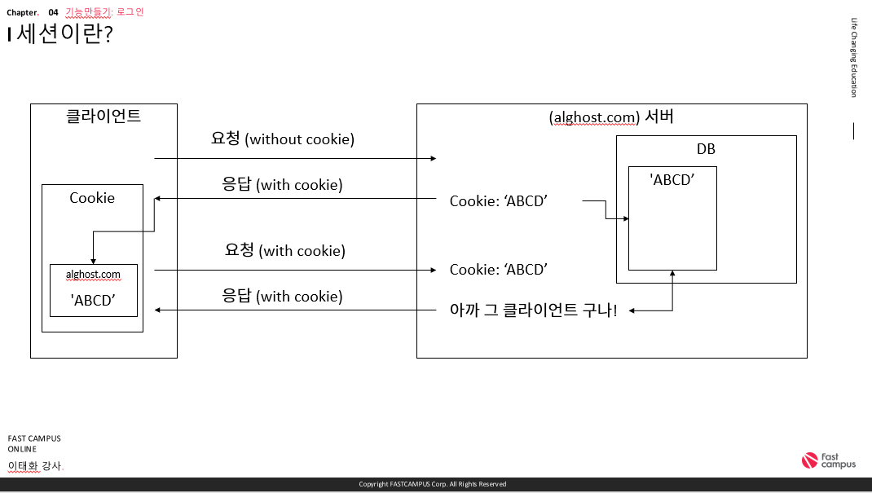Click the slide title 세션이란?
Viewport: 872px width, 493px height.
pyautogui.click(x=64, y=35)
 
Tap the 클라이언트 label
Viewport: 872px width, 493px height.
pyautogui.click(x=103, y=116)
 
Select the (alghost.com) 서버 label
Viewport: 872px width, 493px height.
pyautogui.click(x=611, y=117)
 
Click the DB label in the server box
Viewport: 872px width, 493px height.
pyautogui.click(x=706, y=149)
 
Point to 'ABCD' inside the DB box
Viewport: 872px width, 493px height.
pyautogui.click(x=672, y=180)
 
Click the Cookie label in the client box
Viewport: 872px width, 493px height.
pyautogui.click(x=92, y=198)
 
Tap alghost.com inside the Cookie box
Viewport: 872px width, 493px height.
pyautogui.click(x=93, y=275)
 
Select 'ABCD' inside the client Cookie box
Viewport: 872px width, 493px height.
pyautogui.click(x=93, y=299)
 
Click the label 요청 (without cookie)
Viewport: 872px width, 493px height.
pyautogui.click(x=282, y=139)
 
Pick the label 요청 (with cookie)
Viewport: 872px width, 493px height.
pyautogui.click(x=284, y=250)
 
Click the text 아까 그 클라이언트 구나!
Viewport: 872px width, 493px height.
pyautogui.click(x=534, y=310)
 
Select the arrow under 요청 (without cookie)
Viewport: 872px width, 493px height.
pyautogui.click(x=295, y=158)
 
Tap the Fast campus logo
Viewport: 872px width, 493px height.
pyautogui.click(x=829, y=460)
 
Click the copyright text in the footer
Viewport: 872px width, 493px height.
pyautogui.click(x=433, y=484)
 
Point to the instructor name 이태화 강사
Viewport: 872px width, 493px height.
pyautogui.click(x=35, y=466)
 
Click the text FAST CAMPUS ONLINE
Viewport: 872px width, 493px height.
pyautogui.click(x=34, y=443)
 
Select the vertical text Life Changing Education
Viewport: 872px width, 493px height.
pyautogui.click(x=853, y=57)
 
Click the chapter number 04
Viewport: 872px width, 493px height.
pyautogui.click(x=54, y=12)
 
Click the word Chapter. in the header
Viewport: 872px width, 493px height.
pyautogui.click(x=23, y=12)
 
